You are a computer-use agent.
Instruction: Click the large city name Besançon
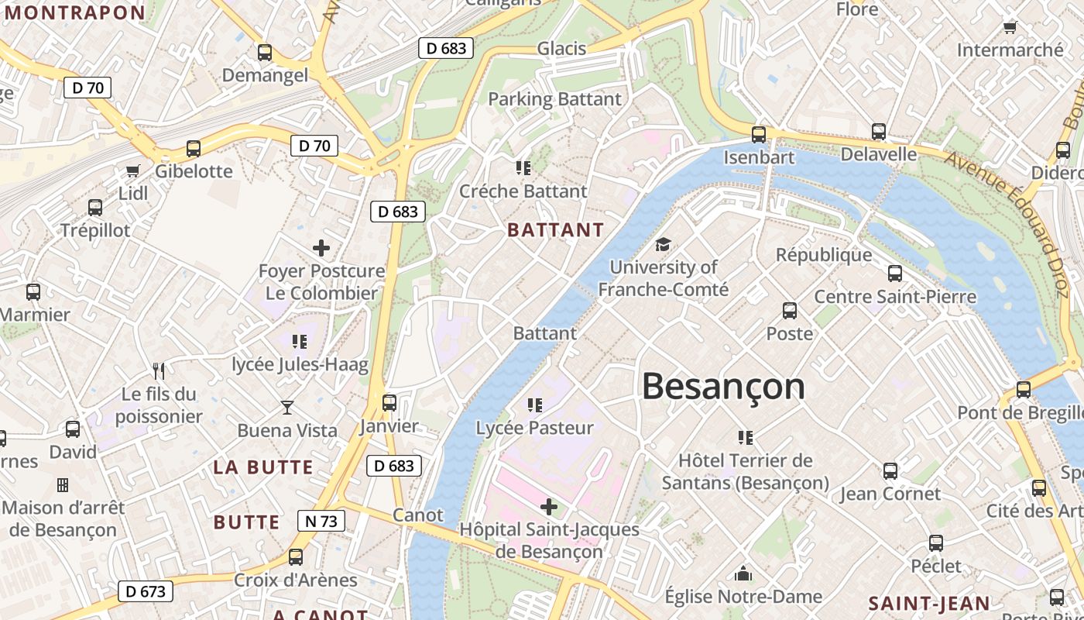click(723, 386)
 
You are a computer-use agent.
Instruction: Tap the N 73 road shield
click(321, 521)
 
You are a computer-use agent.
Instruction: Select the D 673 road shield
click(146, 591)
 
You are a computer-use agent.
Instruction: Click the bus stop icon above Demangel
click(265, 53)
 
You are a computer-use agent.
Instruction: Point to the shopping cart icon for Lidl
click(133, 170)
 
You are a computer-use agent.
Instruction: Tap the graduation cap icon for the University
click(663, 245)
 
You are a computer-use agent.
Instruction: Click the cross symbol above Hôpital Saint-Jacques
click(549, 508)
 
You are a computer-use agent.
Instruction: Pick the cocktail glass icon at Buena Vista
click(287, 408)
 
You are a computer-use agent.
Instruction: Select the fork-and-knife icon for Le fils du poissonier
click(159, 370)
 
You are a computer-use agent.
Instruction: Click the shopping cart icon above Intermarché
click(1010, 28)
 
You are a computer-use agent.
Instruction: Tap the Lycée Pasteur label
click(534, 428)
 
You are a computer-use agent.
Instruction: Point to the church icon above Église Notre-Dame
click(743, 574)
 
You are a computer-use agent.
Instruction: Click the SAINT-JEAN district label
click(929, 604)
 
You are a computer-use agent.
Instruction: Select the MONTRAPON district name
click(75, 12)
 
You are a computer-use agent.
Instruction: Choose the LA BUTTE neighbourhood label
click(263, 467)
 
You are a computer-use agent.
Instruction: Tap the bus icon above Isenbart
click(759, 134)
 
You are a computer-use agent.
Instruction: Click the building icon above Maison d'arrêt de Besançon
click(63, 485)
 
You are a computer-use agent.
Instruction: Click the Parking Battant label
click(554, 99)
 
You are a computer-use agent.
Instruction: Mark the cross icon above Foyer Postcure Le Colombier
click(321, 248)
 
